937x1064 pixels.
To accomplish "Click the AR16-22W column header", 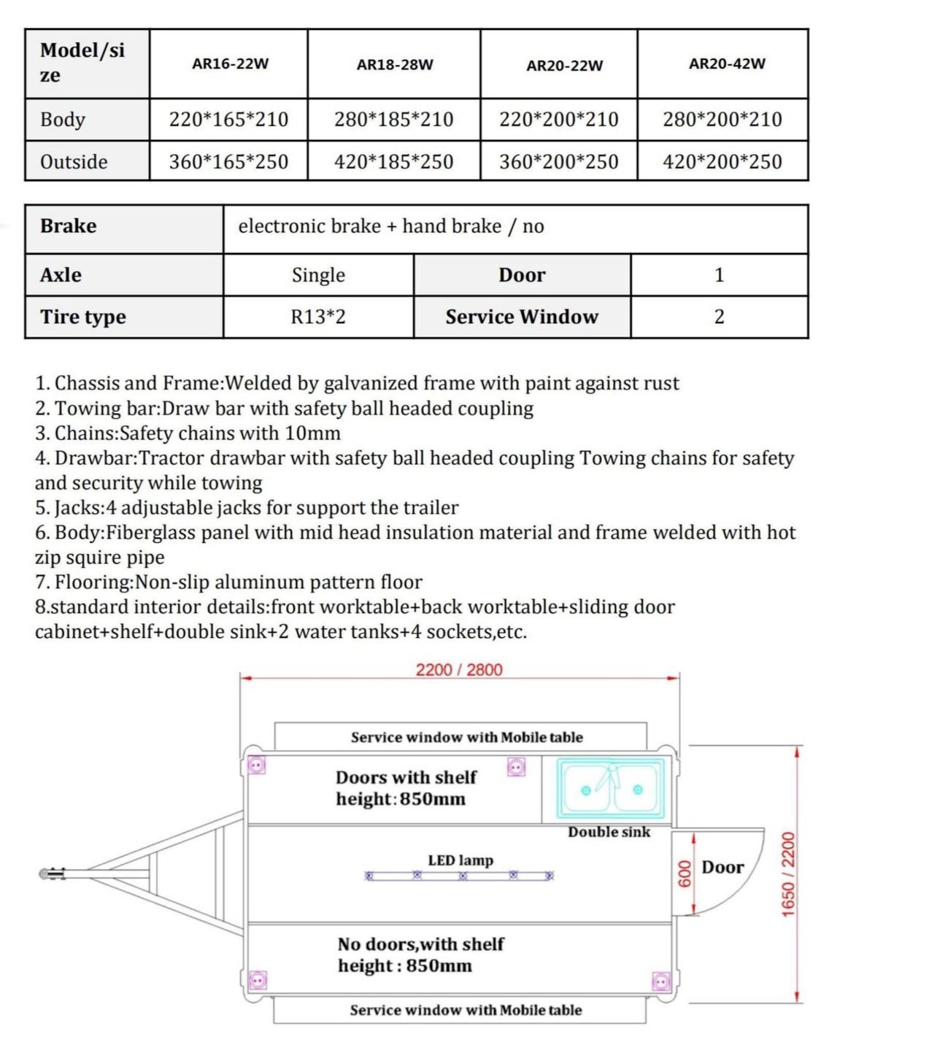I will click(230, 63).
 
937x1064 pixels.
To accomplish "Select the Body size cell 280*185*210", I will click(393, 119).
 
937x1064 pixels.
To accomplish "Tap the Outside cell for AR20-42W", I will click(722, 161).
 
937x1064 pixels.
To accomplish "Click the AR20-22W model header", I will click(564, 66).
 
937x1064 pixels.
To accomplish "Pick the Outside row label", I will click(74, 161).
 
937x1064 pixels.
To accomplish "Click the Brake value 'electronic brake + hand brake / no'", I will click(390, 226).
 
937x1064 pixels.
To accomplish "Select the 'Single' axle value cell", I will click(318, 275).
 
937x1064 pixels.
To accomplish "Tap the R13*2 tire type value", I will click(318, 317).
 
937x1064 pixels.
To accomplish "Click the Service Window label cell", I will click(521, 317).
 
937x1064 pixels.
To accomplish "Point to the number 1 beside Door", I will click(719, 275).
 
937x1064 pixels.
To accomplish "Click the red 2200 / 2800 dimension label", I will click(459, 670).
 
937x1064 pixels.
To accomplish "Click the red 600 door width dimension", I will click(685, 874).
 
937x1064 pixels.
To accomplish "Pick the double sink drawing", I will click(612, 789).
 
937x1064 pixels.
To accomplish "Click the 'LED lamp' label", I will click(460, 860).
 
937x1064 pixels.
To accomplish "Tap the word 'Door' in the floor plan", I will click(722, 867).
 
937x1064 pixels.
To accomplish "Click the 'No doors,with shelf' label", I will click(420, 944).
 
